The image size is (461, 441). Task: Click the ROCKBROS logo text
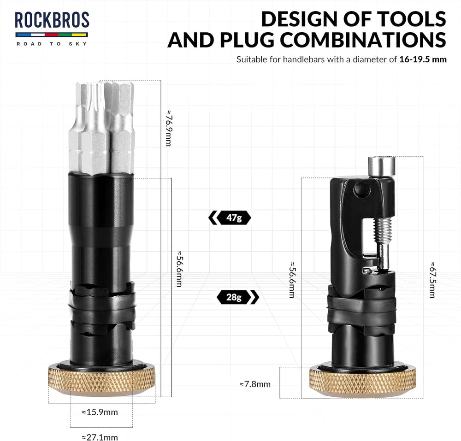(52, 20)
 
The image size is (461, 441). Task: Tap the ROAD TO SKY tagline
(52, 44)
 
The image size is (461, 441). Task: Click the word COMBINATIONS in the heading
(363, 40)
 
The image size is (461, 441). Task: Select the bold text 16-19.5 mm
(423, 59)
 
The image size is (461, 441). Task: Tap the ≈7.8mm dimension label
(255, 384)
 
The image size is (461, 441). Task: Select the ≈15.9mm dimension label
(100, 412)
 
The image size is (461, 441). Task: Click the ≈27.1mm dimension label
(100, 437)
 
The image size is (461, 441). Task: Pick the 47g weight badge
(230, 218)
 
